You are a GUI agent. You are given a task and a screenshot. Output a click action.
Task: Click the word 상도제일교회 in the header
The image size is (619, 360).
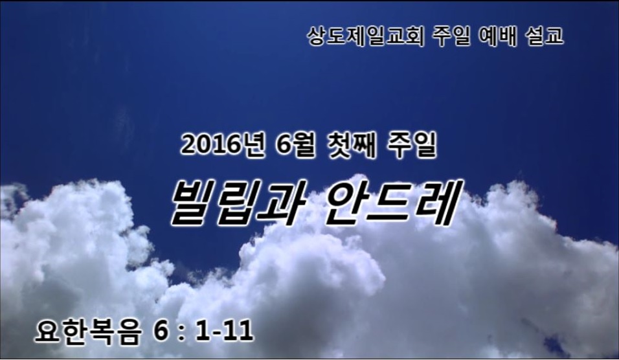pos(366,36)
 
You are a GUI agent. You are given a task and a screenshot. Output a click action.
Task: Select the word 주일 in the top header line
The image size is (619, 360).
pos(451,36)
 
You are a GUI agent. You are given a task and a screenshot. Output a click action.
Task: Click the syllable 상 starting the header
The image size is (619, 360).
pos(317,36)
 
